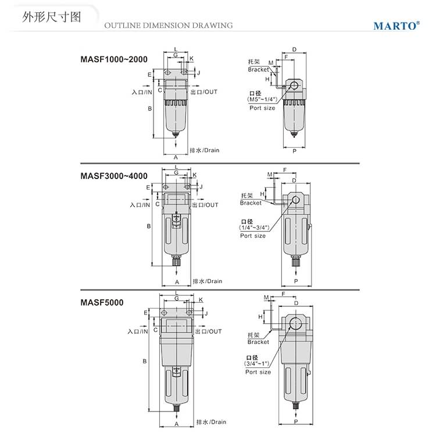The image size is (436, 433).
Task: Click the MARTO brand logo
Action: point(396,26)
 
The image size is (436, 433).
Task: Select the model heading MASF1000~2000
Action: point(114,59)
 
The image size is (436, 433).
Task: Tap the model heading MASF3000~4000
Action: point(114,176)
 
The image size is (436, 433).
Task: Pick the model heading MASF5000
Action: point(102,302)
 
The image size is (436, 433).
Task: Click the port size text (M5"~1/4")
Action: point(262,100)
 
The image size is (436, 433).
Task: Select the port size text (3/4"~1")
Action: point(258,364)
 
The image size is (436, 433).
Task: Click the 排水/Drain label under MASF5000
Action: point(211,421)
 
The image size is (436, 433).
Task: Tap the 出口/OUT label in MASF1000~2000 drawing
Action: point(204,92)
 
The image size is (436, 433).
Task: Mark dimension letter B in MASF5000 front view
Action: point(145,362)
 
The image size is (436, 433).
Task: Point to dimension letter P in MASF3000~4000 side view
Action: point(296,281)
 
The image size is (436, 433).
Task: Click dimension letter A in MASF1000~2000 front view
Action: point(176,157)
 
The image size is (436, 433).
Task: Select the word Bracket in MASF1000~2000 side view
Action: point(258,70)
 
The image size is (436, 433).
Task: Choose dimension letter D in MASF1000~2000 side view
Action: point(295,50)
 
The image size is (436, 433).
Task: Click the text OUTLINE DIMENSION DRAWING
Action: point(169,26)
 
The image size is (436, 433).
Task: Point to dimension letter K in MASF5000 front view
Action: point(201,300)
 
